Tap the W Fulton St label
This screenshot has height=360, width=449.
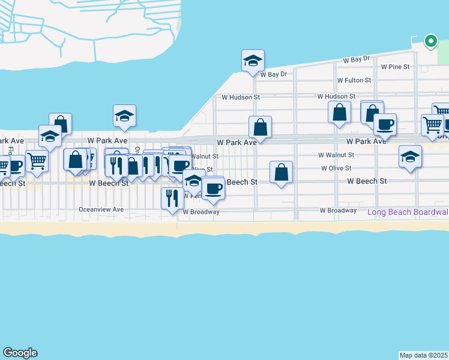[354, 80]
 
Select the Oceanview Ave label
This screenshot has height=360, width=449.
[101, 209]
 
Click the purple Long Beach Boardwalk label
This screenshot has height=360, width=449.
[408, 212]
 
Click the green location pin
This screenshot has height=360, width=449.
[430, 41]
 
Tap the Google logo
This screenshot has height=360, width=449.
[20, 353]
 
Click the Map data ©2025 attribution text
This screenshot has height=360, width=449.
[424, 355]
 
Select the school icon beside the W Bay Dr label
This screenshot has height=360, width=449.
[253, 61]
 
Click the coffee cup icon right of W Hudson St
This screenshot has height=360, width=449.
[384, 124]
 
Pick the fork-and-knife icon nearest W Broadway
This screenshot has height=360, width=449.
[172, 197]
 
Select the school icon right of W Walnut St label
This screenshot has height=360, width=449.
[410, 157]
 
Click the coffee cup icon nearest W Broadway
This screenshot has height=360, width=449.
[213, 189]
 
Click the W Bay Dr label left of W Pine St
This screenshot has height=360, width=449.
[356, 60]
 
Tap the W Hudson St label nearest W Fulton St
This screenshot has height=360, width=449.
[337, 96]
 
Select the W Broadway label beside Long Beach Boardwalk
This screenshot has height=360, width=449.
[339, 211]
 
